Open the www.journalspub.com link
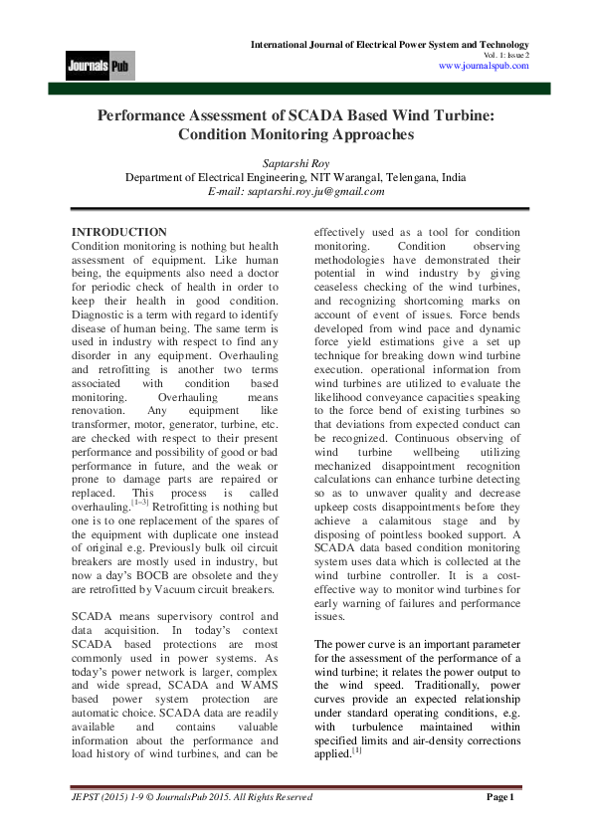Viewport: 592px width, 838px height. [x=484, y=66]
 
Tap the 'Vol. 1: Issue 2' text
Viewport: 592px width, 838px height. [x=505, y=56]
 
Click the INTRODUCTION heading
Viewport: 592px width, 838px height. [x=119, y=232]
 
